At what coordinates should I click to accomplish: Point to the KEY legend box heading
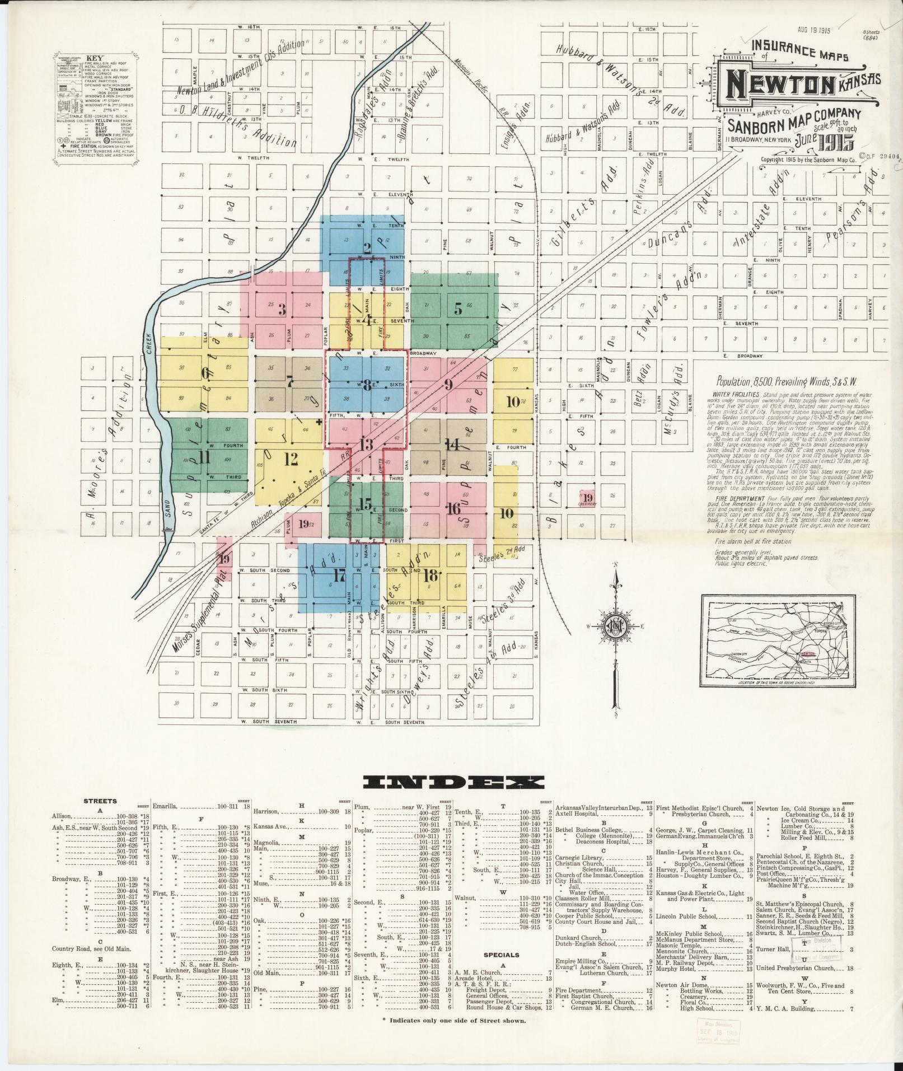96,58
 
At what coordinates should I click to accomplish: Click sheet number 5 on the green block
458,308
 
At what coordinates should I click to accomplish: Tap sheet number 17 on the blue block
339,575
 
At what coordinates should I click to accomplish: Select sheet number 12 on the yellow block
291,460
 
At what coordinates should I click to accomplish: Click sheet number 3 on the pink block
282,309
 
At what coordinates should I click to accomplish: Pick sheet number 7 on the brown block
289,383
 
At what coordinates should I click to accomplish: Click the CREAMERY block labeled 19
587,498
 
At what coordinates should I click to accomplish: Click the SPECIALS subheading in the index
501,955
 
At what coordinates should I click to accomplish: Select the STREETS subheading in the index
100,802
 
